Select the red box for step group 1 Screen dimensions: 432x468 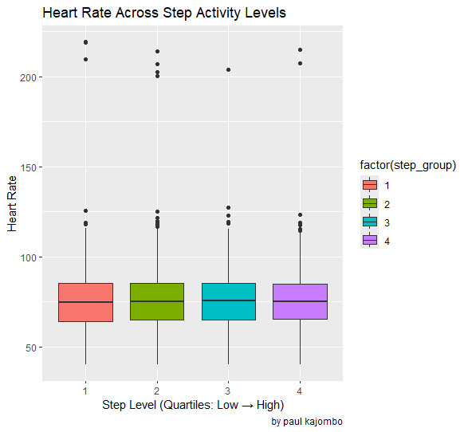[x=85, y=302]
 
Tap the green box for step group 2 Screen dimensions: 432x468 [x=157, y=302]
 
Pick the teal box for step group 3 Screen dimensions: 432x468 [x=229, y=302]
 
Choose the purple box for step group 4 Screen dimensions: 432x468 [x=300, y=302]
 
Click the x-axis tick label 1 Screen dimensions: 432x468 [x=85, y=391]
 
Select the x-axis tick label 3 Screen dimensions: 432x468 [x=229, y=391]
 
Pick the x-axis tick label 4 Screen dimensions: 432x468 [x=300, y=391]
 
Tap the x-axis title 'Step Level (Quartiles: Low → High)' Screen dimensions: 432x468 [x=193, y=406]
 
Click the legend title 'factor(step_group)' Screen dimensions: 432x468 [x=407, y=166]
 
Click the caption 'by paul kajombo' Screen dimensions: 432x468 [x=307, y=422]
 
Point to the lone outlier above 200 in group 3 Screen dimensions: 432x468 [x=229, y=70]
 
